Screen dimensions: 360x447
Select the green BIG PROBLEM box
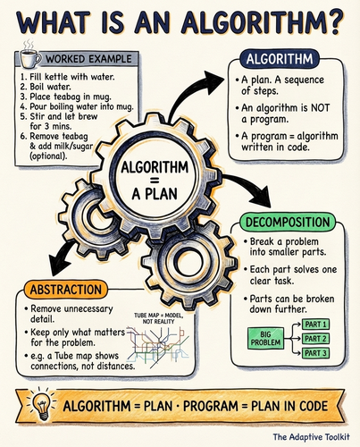coord(265,339)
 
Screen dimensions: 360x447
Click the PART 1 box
coord(315,325)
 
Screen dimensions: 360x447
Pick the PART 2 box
coord(315,339)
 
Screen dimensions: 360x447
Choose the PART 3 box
coord(315,353)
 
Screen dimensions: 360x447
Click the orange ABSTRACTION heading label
coord(66,290)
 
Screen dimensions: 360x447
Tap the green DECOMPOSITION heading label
coord(288,222)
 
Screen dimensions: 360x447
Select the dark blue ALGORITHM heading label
coord(280,59)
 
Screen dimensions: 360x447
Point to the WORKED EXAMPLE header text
coord(88,59)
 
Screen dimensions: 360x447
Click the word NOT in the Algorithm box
coord(320,107)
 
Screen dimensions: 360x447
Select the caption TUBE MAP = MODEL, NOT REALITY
coord(158,318)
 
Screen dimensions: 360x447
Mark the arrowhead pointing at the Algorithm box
coord(213,79)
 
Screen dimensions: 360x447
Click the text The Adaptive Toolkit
coord(312,437)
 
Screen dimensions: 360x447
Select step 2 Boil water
coord(46,87)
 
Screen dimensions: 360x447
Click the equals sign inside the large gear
coord(155,181)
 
